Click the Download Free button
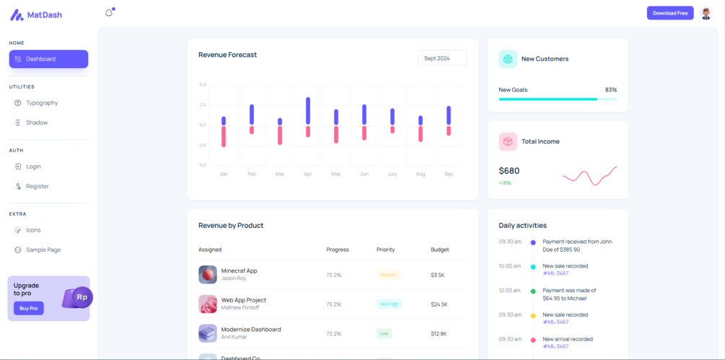coord(669,13)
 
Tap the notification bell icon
coord(109,12)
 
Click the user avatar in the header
coord(706,13)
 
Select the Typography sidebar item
coord(42,103)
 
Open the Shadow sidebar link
coord(37,123)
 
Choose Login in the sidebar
coord(33,167)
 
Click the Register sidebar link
coord(38,186)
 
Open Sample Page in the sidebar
coord(43,250)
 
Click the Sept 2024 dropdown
coord(442,58)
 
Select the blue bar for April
coord(308,110)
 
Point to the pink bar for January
coord(224,136)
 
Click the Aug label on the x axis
coord(421,174)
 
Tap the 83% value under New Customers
coord(610,90)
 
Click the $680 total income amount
coord(509,171)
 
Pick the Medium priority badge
coord(388,275)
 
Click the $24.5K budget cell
coord(439,304)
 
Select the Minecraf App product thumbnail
coord(208,274)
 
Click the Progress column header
coord(338,250)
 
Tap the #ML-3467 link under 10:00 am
coord(555,273)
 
